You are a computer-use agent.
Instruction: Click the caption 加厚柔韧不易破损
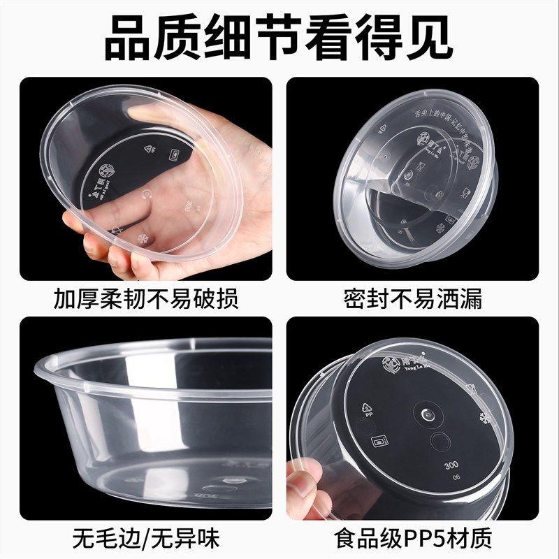tap(146, 299)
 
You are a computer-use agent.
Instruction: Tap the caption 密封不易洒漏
tap(413, 299)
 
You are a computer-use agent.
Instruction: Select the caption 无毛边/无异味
tap(146, 539)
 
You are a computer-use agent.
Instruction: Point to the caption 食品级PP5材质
tap(413, 539)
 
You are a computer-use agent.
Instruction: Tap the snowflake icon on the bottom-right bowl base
tap(482, 419)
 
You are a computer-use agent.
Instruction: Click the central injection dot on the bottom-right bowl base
tap(426, 414)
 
